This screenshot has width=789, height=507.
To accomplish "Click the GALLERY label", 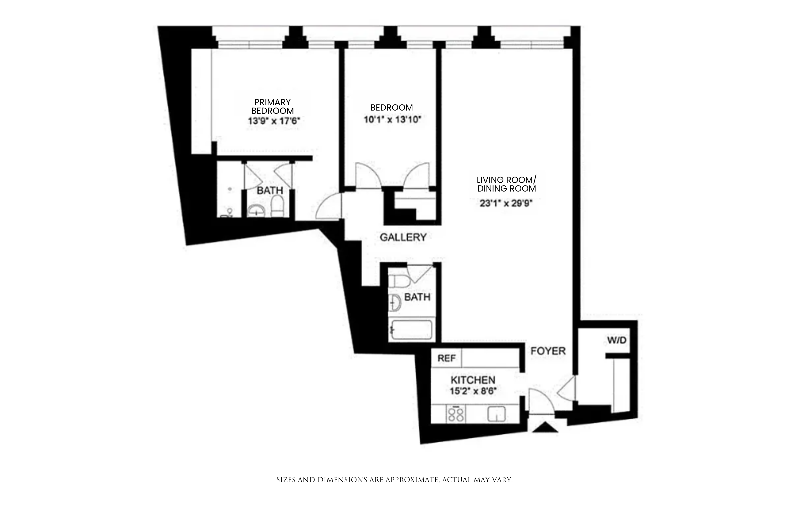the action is click(x=403, y=237).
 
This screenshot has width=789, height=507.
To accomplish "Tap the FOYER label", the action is click(x=548, y=351).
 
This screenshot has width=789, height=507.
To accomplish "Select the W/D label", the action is click(x=617, y=340).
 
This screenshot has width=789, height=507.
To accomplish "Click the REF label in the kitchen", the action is click(x=446, y=358).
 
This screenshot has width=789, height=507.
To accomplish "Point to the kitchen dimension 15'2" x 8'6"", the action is click(x=473, y=391).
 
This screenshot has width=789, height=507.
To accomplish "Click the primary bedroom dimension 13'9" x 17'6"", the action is click(x=274, y=121).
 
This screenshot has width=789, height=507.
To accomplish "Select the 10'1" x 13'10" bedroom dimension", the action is click(x=392, y=119).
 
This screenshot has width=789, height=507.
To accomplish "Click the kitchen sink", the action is click(x=496, y=414).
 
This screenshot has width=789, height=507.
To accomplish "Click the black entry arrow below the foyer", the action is click(x=545, y=427).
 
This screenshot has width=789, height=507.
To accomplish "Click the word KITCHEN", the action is click(x=473, y=380).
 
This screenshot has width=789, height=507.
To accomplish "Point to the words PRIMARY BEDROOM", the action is click(x=272, y=106).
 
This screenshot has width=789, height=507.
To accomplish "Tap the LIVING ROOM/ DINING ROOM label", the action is click(x=506, y=184).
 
